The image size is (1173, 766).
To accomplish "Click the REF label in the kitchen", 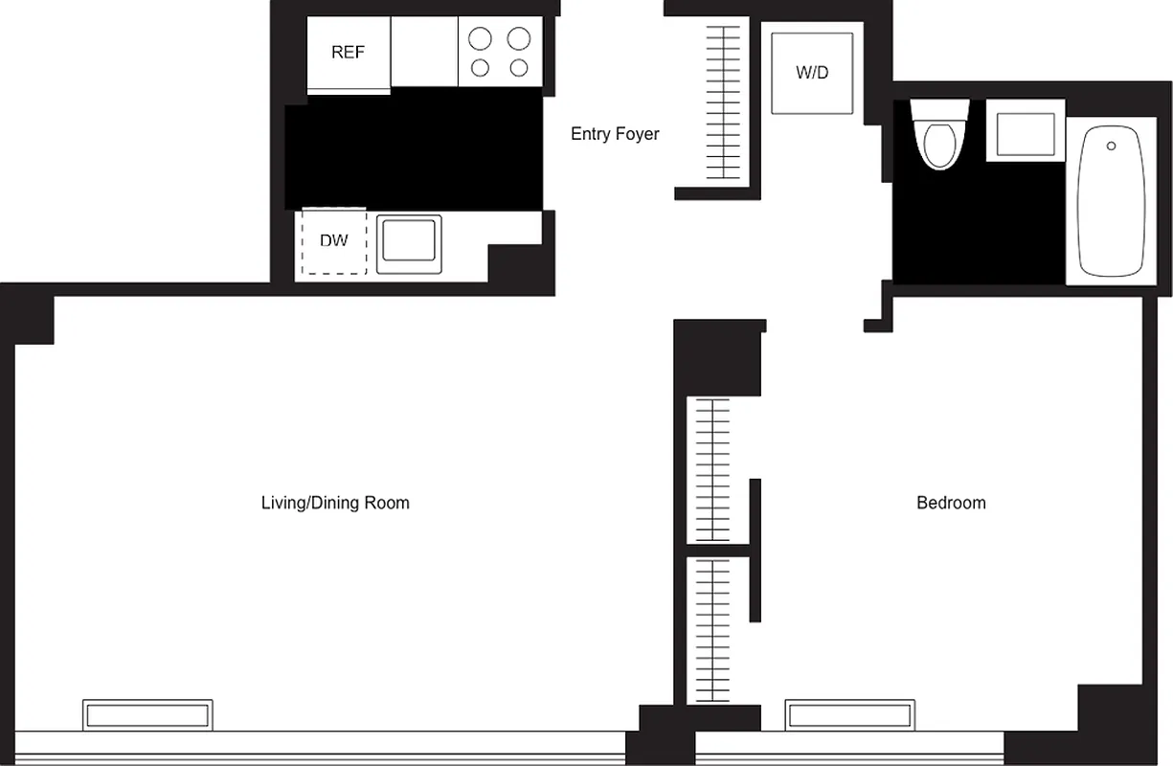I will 348,53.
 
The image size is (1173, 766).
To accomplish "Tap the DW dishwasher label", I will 333,241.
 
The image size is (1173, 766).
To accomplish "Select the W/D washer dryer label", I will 812,73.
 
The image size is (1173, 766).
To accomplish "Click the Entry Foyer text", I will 615,134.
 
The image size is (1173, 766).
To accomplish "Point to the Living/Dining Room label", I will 335,503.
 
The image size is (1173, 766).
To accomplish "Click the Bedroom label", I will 951,503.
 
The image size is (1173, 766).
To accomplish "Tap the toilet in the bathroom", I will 936,139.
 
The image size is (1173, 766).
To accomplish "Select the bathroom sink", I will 1026,134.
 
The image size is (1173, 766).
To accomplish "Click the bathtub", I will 1111,202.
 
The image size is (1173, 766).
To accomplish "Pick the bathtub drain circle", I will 1111,146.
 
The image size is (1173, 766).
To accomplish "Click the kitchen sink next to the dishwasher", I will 409,243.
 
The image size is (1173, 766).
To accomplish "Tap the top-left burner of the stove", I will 480,38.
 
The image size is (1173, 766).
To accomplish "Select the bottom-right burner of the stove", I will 519,68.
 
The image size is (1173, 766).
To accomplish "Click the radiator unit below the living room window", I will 147,714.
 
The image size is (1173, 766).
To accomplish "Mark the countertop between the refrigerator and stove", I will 424,52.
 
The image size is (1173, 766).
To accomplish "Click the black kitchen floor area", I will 414,148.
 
